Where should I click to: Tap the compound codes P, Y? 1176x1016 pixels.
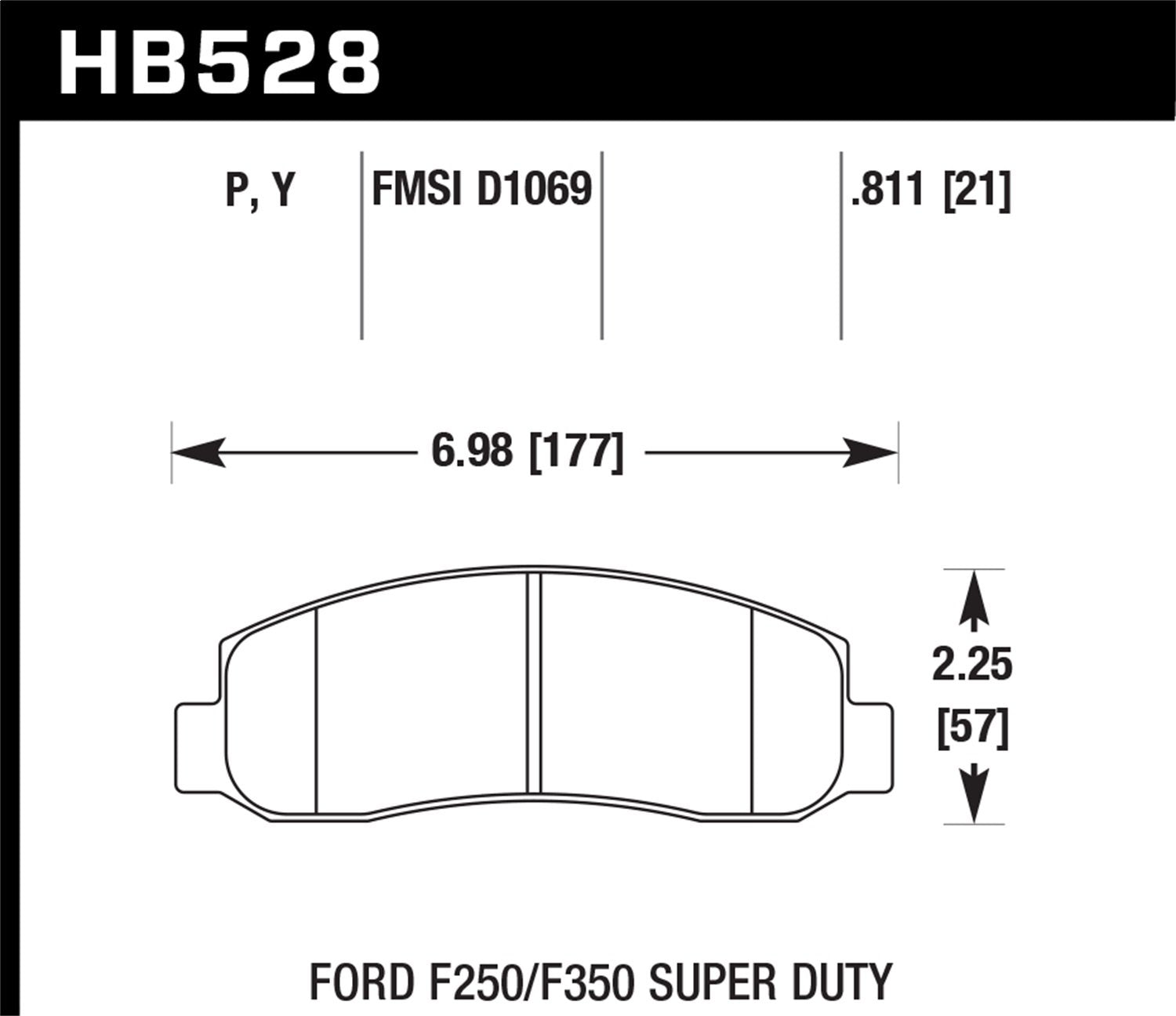260,190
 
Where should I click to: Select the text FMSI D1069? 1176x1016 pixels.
481,190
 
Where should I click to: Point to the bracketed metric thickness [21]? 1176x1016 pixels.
978,190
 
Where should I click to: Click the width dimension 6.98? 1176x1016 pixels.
472,452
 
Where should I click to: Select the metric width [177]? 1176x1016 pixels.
577,452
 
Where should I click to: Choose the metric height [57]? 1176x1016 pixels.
972,729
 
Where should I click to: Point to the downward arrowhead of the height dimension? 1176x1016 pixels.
973,796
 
